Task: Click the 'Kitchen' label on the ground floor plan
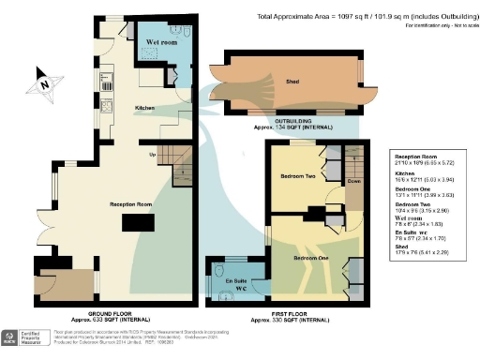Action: [144, 109]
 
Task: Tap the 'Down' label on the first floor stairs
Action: [354, 182]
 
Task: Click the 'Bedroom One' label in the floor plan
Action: [309, 256]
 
